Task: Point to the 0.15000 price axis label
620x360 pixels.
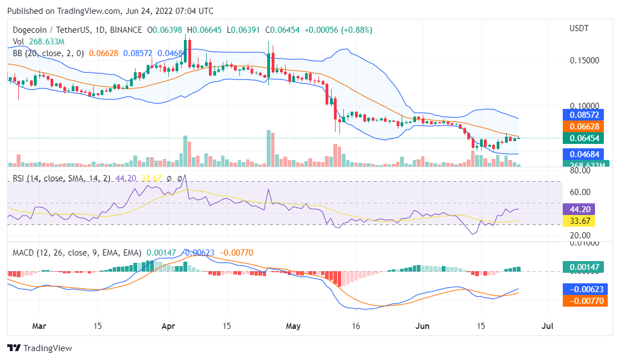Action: coord(585,61)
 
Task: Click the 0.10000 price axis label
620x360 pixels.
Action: coord(585,106)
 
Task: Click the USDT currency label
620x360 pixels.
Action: coord(579,28)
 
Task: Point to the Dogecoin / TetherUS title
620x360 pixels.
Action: coord(49,29)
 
